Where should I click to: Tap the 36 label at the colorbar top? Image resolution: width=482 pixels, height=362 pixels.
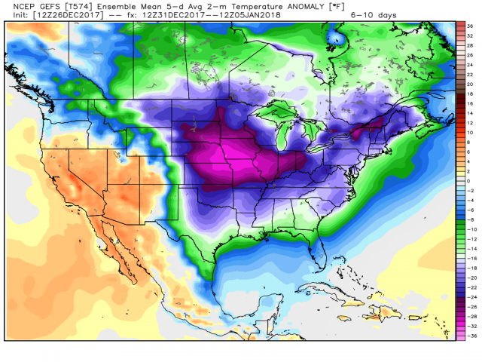click(x=469, y=26)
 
